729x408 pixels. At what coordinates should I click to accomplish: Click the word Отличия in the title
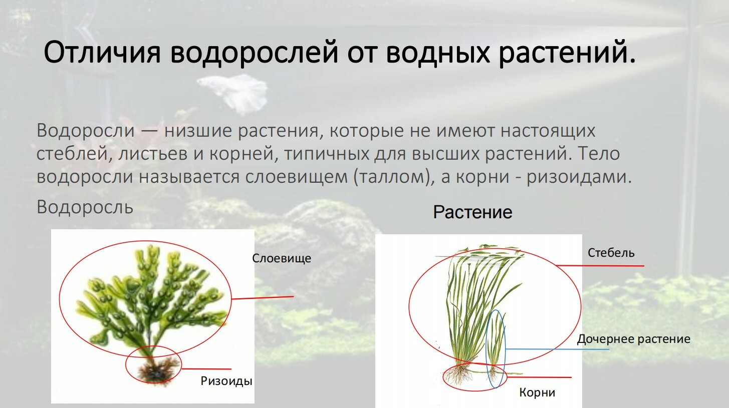tap(102, 52)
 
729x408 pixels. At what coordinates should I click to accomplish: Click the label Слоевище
tap(282, 258)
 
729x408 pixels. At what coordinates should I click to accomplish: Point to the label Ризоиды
tap(226, 381)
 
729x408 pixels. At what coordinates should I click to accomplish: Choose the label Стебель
tap(611, 253)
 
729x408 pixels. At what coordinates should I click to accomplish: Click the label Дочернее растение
tap(634, 339)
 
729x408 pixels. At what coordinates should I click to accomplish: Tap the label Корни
tap(537, 392)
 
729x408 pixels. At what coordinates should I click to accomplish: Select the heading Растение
tap(472, 212)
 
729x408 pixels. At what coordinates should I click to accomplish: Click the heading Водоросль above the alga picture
tap(85, 207)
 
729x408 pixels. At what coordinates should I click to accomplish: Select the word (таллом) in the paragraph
tap(393, 177)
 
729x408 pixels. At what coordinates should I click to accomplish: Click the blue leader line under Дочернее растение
tap(558, 349)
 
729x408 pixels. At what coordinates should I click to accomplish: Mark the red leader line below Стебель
tap(600, 266)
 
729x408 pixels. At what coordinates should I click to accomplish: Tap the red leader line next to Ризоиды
tap(206, 369)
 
